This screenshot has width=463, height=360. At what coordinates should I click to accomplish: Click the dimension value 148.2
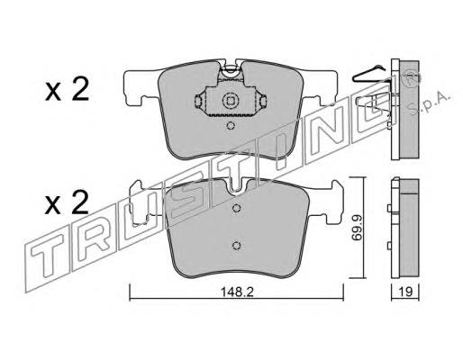[x=237, y=292]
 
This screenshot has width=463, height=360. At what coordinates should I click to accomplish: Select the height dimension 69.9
[x=357, y=228]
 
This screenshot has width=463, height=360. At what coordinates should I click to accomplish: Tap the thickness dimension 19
[x=406, y=292]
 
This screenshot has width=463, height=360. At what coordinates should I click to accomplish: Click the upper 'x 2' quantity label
[x=67, y=89]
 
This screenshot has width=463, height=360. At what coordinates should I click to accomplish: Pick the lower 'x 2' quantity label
[x=67, y=202]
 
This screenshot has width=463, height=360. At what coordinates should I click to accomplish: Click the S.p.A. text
[x=431, y=104]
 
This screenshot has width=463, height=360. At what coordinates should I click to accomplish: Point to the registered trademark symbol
[x=412, y=79]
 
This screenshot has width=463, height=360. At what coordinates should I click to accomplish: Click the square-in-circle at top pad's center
[x=230, y=101]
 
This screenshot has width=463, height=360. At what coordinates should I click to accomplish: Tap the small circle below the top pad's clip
[x=230, y=126]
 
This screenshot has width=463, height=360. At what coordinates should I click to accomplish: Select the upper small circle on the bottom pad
[x=237, y=208]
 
